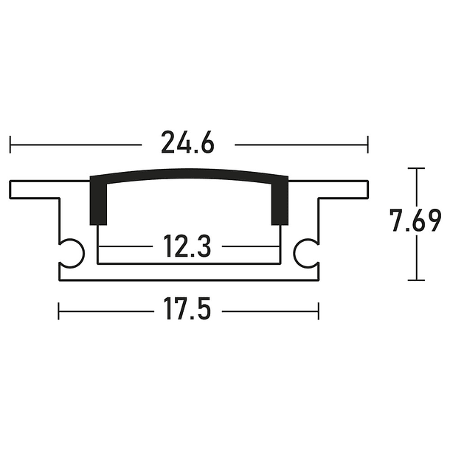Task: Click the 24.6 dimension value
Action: click(x=188, y=143)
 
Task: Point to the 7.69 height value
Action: click(x=417, y=221)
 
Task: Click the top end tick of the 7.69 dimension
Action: click(x=418, y=169)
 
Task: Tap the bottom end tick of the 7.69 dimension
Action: click(x=418, y=280)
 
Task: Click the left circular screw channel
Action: click(x=72, y=252)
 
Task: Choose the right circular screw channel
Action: click(x=306, y=252)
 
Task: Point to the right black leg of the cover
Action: click(x=280, y=203)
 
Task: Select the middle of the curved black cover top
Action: click(x=189, y=172)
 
